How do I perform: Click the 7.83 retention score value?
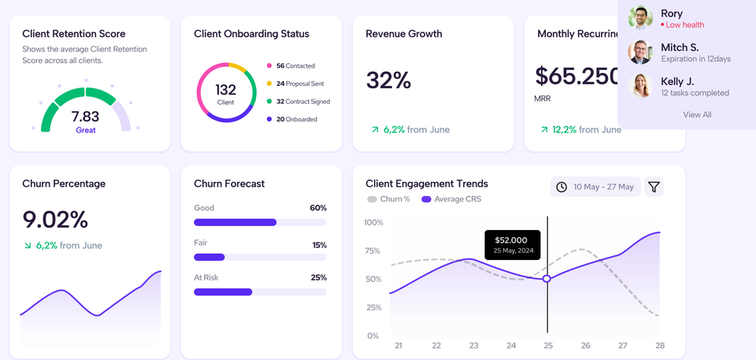point(85,117)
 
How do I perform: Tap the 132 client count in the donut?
point(225,90)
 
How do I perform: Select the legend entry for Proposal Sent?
point(299,84)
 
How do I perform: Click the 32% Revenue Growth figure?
point(389,80)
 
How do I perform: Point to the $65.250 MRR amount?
point(577,76)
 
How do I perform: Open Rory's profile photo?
point(640,18)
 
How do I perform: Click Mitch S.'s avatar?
point(640,52)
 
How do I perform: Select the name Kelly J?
point(677,81)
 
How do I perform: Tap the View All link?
point(697,114)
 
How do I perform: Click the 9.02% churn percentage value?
point(55,219)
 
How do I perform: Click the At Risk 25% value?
point(318,277)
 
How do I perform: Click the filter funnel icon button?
point(654,187)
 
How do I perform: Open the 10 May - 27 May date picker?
point(595,187)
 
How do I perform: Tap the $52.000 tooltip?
point(513,243)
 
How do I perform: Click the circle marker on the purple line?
point(547,279)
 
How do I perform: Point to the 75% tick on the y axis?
point(372,251)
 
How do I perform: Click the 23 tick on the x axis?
point(473,346)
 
